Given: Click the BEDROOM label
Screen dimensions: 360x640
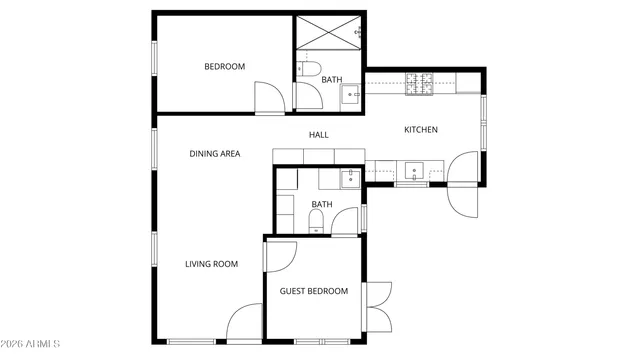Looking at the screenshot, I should (x=224, y=67).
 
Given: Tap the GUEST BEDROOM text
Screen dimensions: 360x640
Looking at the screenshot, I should (x=313, y=291).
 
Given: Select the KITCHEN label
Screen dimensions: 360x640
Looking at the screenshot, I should (x=420, y=130).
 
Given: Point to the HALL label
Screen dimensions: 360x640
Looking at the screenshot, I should (x=318, y=135).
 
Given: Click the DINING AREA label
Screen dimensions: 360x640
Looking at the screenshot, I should (x=215, y=154).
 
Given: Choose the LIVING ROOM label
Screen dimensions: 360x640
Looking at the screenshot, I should (x=211, y=264).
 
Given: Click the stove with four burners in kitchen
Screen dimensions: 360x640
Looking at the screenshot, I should (x=417, y=84).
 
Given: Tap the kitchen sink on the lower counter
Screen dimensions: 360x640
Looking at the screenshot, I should (x=412, y=170).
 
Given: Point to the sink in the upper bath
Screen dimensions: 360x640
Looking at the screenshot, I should (x=350, y=96).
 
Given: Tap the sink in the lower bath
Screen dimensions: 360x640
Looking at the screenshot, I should (x=349, y=180).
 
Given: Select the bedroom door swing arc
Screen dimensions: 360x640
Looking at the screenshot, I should (x=269, y=98).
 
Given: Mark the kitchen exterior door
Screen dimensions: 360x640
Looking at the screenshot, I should (x=465, y=185).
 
